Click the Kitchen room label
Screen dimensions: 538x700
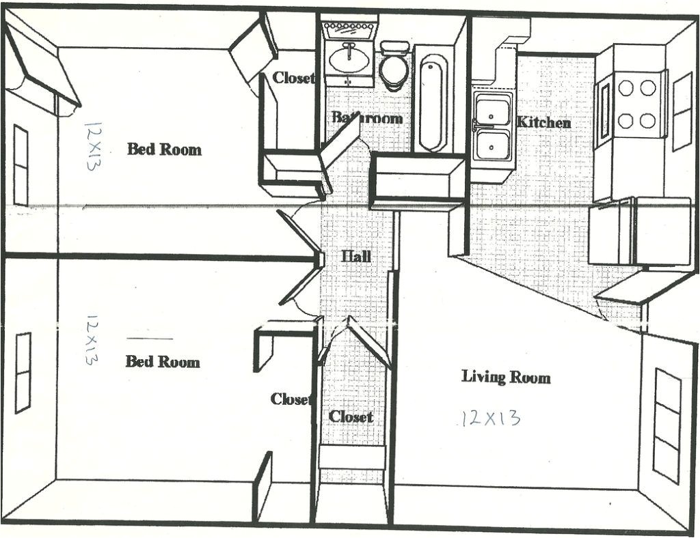click(543, 122)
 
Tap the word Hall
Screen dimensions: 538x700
click(356, 256)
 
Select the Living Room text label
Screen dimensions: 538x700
click(505, 376)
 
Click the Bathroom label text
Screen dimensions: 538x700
click(367, 117)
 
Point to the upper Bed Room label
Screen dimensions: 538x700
click(164, 149)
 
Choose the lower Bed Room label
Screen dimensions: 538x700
click(163, 361)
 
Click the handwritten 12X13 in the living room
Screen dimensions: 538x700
click(490, 417)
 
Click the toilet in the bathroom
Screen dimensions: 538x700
click(392, 67)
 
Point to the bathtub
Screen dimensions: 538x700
click(432, 102)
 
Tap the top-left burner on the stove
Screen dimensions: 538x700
click(625, 87)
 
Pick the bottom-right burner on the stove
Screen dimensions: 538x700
click(648, 121)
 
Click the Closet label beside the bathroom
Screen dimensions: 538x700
click(293, 78)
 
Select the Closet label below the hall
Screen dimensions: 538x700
click(351, 416)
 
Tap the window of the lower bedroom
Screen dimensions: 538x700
click(23, 372)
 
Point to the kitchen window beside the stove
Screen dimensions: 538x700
click(682, 111)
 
